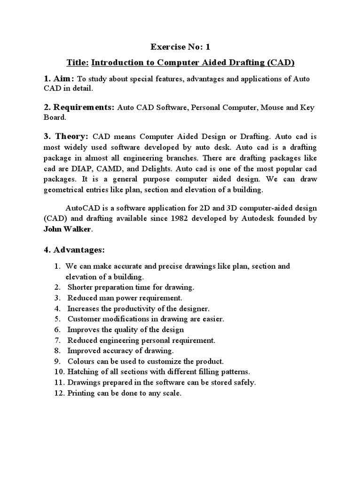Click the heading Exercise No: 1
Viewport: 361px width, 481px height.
[180, 47]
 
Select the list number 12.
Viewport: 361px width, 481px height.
[58, 393]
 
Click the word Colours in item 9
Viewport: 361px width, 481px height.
[81, 362]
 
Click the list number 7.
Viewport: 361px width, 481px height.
[57, 340]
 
